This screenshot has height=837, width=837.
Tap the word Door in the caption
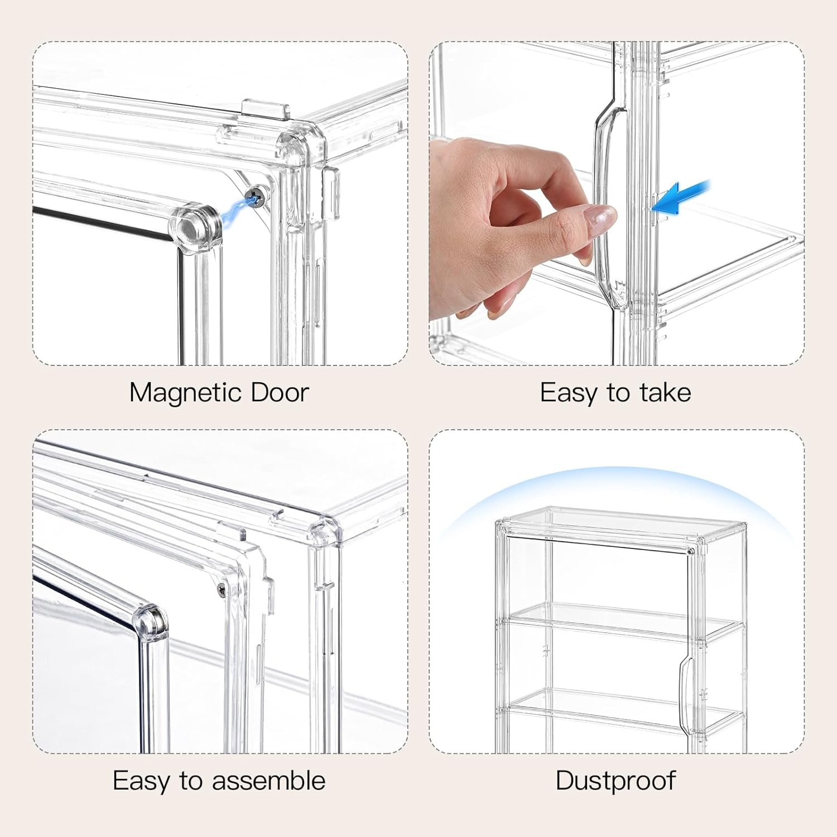(280, 392)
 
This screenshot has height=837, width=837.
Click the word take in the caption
(665, 392)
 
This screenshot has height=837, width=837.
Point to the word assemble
(268, 780)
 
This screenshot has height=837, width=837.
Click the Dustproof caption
(615, 780)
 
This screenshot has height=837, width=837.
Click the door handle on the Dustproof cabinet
(685, 692)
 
